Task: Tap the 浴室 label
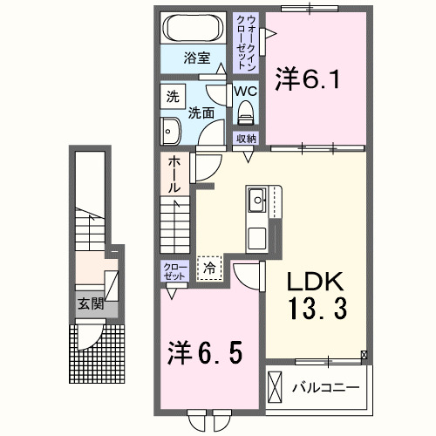[196, 58]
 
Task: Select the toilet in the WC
[245, 111]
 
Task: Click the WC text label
[243, 90]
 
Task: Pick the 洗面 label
[202, 112]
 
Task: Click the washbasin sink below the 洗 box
[169, 132]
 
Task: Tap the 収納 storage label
[245, 138]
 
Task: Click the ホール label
[174, 174]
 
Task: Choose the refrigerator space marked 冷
[209, 269]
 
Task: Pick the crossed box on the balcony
[276, 386]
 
